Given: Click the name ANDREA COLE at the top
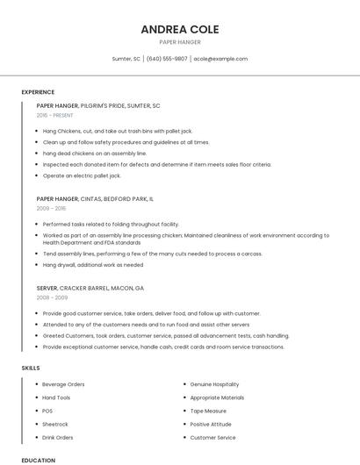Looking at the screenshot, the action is (179, 29).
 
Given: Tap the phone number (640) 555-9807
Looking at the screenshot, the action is (167, 59).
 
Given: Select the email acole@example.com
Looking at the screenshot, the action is (220, 59).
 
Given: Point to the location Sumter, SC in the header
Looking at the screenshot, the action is (126, 59).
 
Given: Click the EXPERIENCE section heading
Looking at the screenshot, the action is (38, 92).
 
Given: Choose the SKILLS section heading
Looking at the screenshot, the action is (31, 368).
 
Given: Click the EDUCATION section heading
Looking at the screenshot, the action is (38, 460).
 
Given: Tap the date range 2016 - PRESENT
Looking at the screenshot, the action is (55, 115).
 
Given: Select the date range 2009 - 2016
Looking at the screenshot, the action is (50, 209).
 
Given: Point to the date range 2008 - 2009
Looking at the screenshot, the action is (50, 297).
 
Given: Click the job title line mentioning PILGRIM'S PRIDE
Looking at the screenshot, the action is (98, 105).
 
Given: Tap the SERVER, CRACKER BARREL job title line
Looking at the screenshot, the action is (90, 288).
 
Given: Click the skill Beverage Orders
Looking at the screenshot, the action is (63, 384).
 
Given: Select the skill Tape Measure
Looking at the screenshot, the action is (208, 411).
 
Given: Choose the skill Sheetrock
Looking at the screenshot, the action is (54, 424).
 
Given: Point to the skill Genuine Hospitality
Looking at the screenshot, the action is (214, 384).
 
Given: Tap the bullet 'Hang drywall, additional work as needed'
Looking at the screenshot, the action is (92, 264).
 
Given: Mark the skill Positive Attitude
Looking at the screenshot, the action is (211, 424).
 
